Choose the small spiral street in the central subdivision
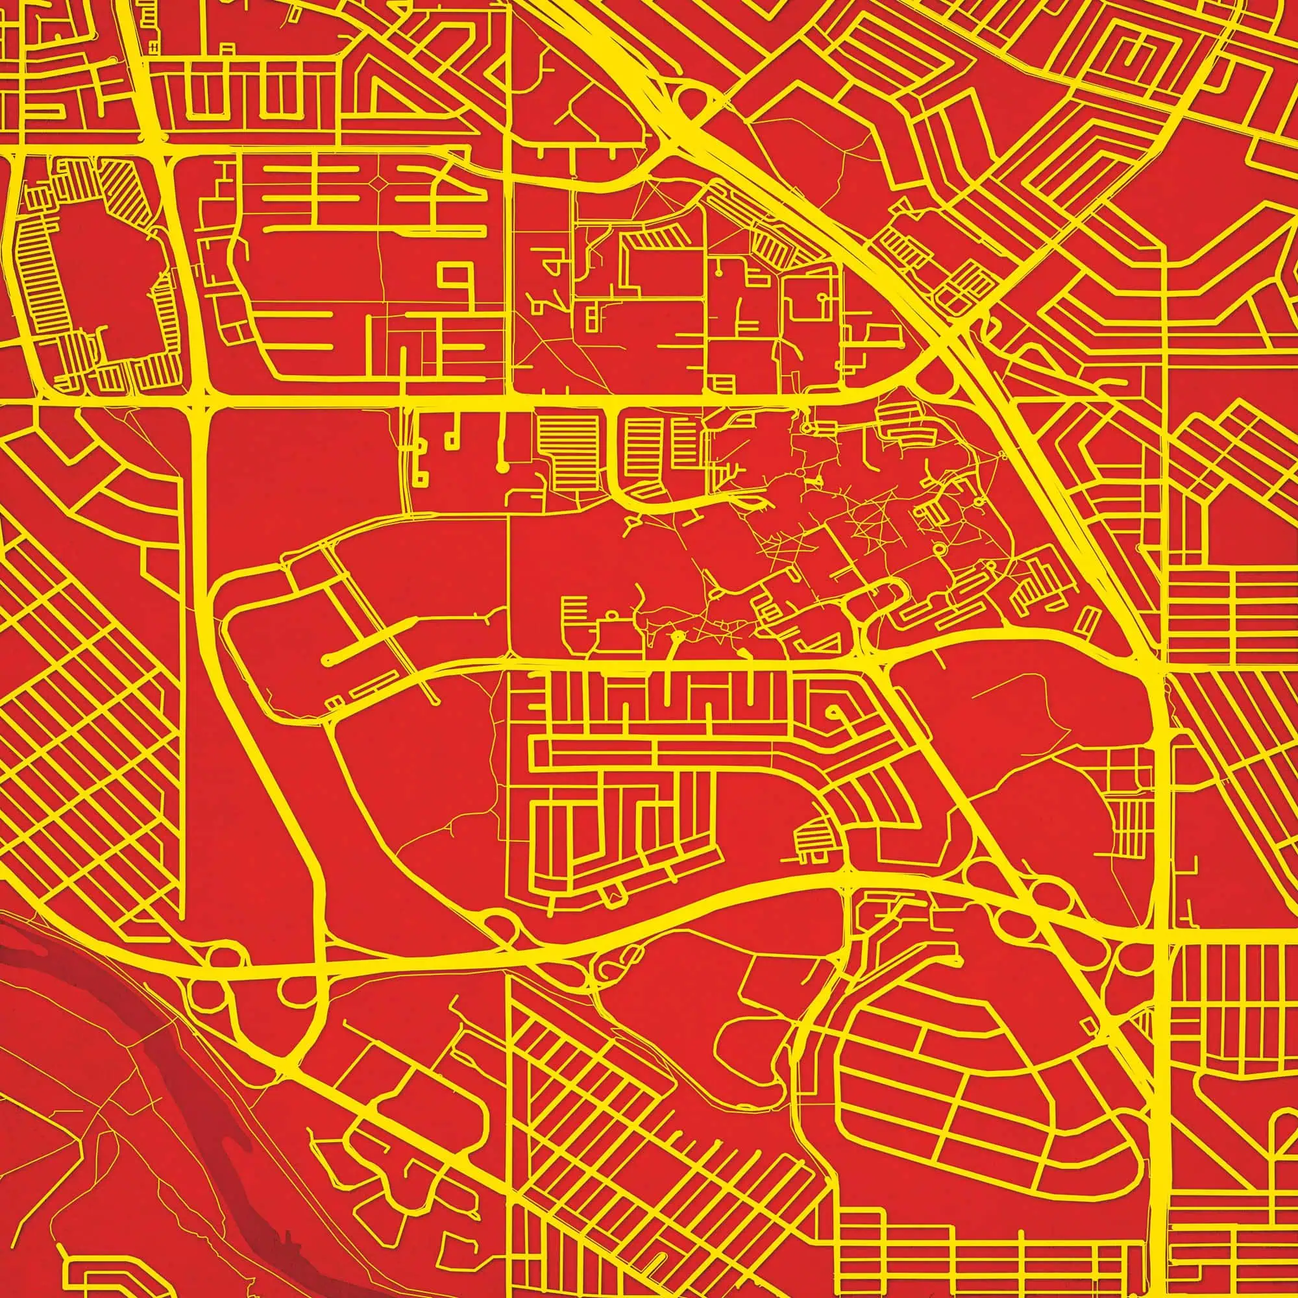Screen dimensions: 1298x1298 click(x=835, y=712)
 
